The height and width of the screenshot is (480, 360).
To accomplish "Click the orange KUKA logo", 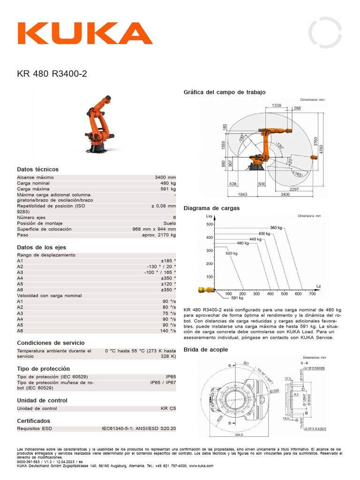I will coord(85,33).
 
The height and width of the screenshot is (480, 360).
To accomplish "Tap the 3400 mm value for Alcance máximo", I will coord(165,178).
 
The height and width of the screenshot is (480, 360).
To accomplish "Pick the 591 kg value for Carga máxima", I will coord(168,189).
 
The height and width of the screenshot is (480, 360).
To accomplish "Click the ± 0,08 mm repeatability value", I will coord(163,206).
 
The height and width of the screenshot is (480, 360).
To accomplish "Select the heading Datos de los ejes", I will coord(41,247).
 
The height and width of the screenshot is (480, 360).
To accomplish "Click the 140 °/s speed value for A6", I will coord(167,330).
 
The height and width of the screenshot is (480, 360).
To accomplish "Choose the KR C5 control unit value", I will coord(168,408).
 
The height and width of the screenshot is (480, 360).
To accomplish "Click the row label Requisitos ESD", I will coord(34,428).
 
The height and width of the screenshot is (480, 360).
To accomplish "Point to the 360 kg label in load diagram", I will coord(276,228).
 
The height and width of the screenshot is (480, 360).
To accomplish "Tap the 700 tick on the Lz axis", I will coord(312,294).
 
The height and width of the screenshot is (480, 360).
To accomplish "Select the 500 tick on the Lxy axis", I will coord(210,225).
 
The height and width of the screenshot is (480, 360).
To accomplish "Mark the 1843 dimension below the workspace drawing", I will coord(243,194).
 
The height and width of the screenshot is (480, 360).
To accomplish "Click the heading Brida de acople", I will coord(206,349).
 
